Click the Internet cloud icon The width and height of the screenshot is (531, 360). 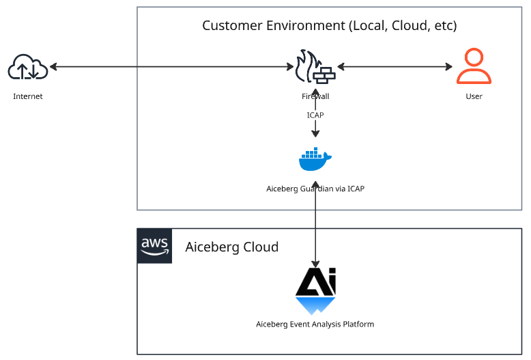coord(28,68)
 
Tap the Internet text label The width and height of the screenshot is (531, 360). coord(28,96)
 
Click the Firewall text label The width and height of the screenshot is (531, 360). coord(315,96)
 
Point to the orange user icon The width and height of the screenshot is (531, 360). coord(474,66)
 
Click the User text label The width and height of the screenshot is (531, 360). coord(474,96)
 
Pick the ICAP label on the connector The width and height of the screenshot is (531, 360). coord(315,115)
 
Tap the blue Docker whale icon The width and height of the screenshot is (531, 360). coord(315,160)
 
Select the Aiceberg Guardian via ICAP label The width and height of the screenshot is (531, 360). coord(315,189)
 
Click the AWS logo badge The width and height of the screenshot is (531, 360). coord(155,246)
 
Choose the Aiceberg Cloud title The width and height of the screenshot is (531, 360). coord(232,247)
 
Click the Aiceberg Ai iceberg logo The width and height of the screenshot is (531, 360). coord(315,291)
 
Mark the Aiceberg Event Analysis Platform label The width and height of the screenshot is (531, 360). coord(315,324)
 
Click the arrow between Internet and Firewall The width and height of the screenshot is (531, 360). coord(171,67)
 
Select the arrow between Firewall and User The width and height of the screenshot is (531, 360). coord(394,67)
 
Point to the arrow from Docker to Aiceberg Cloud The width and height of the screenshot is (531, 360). coord(315,225)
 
